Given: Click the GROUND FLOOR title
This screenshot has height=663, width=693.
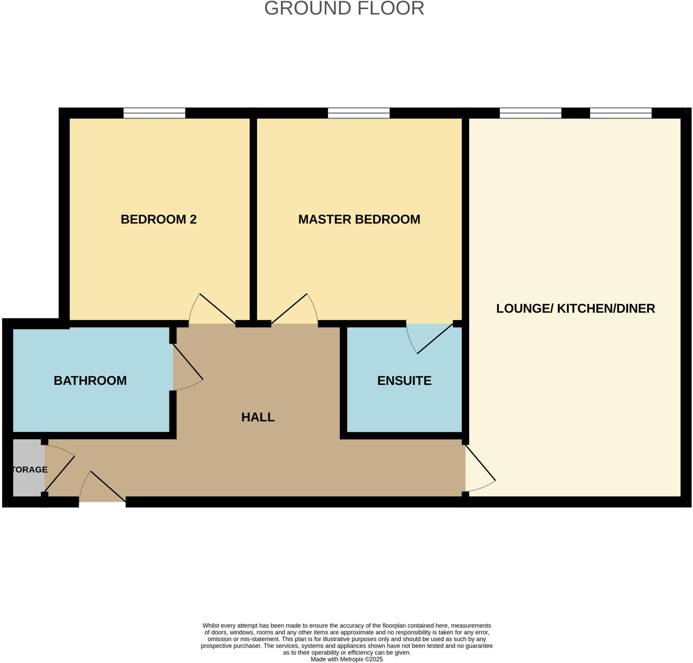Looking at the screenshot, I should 344,8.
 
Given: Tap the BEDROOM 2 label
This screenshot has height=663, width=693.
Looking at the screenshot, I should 158,220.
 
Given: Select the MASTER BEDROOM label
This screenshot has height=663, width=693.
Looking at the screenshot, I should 359,220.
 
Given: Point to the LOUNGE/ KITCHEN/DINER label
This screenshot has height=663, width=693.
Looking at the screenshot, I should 576,308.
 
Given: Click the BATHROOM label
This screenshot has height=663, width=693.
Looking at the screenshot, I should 90,381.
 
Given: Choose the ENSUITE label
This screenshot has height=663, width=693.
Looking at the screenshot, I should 404,381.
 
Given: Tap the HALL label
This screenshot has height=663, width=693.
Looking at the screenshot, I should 258,417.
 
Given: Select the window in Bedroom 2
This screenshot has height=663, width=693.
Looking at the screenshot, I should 154,113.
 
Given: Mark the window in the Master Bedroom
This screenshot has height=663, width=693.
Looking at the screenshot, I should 359,113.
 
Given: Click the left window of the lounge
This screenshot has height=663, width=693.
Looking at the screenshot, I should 530,113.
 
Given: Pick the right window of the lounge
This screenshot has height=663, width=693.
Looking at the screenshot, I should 621,113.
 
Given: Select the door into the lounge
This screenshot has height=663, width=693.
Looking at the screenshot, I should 480,463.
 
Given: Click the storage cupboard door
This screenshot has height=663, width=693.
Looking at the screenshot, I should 60,474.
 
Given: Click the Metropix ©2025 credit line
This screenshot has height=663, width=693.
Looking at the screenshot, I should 346,660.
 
